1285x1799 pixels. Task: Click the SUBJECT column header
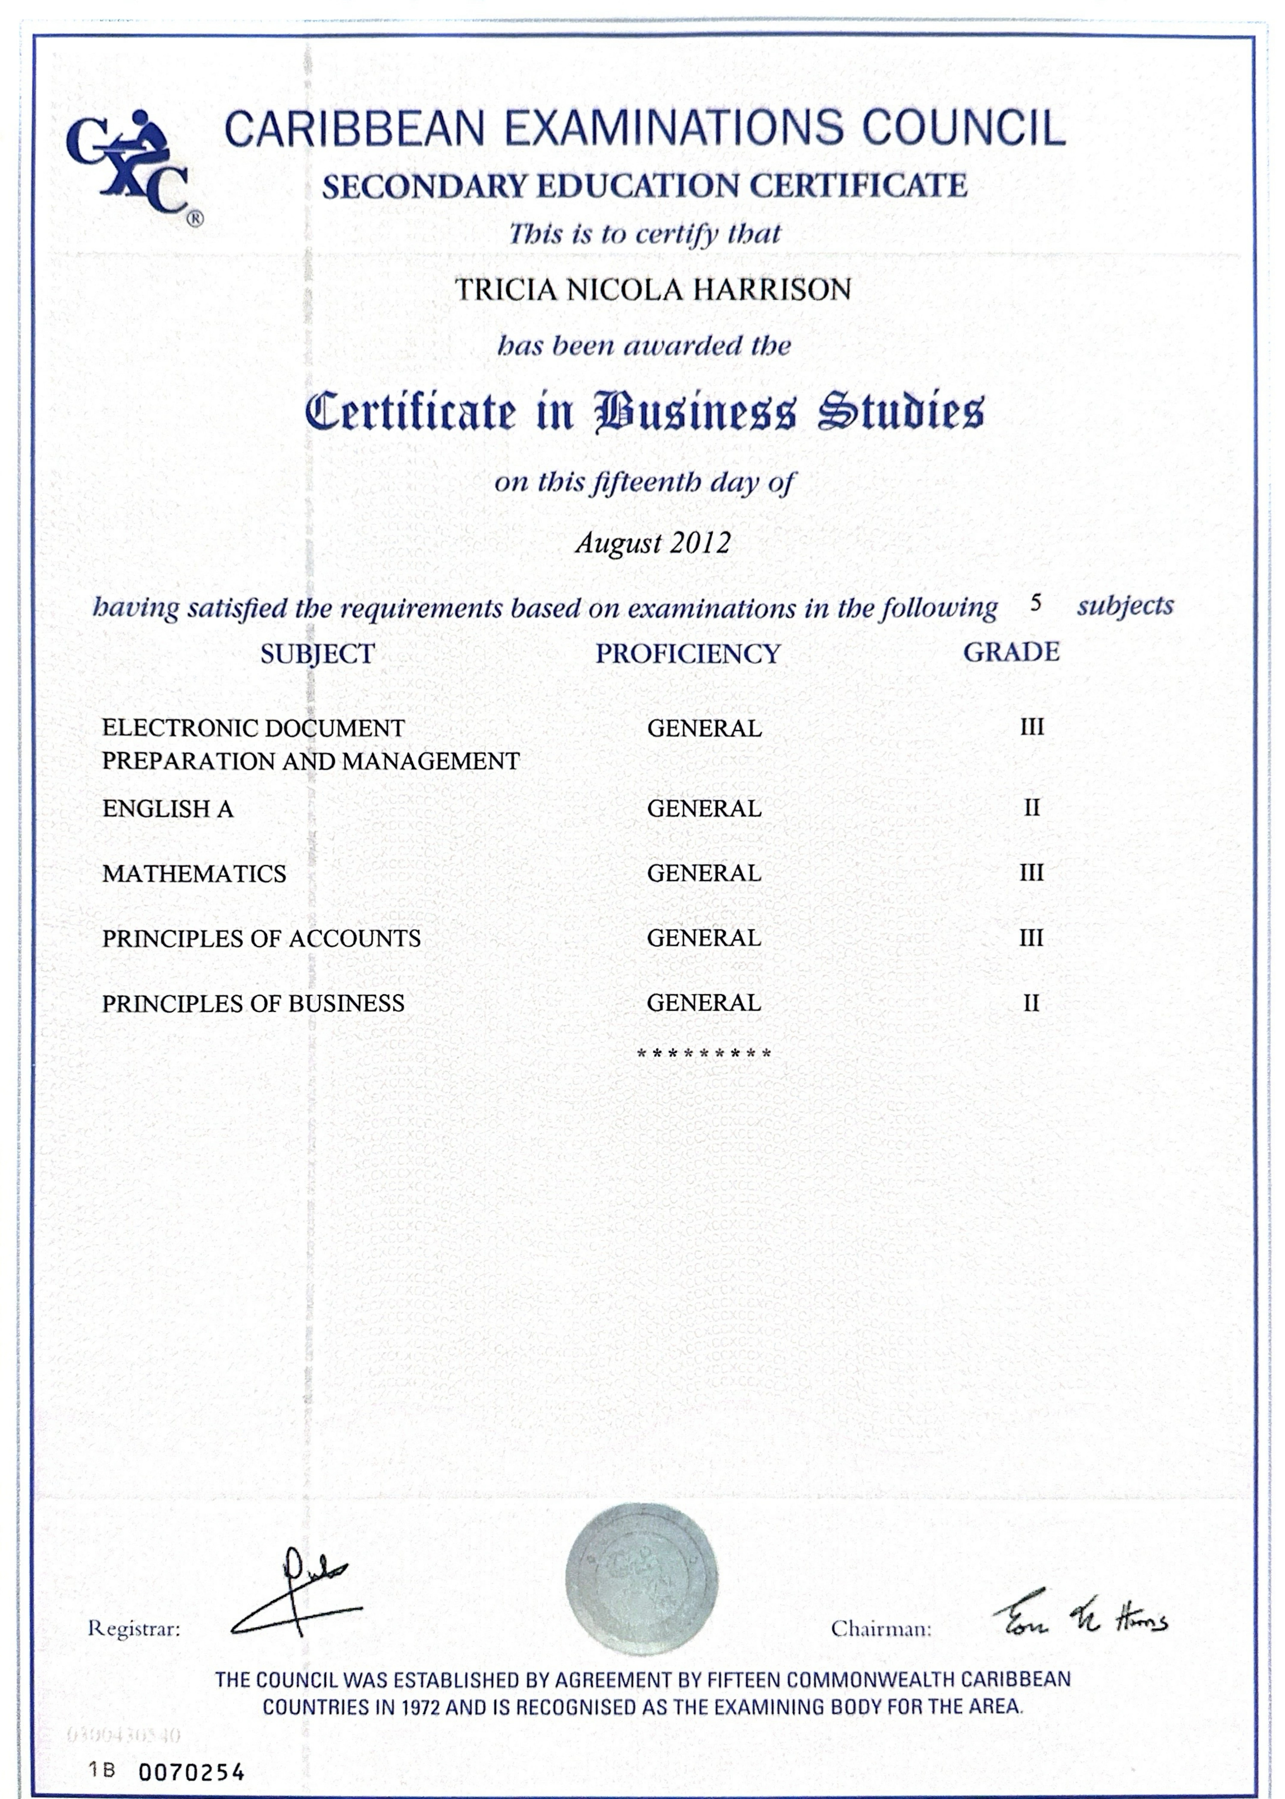[x=317, y=653]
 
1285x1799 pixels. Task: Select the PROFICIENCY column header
[x=688, y=653]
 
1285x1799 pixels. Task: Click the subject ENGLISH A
[x=168, y=808]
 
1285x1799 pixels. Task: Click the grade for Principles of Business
[x=1031, y=1003]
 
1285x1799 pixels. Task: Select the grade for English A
[x=1031, y=808]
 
